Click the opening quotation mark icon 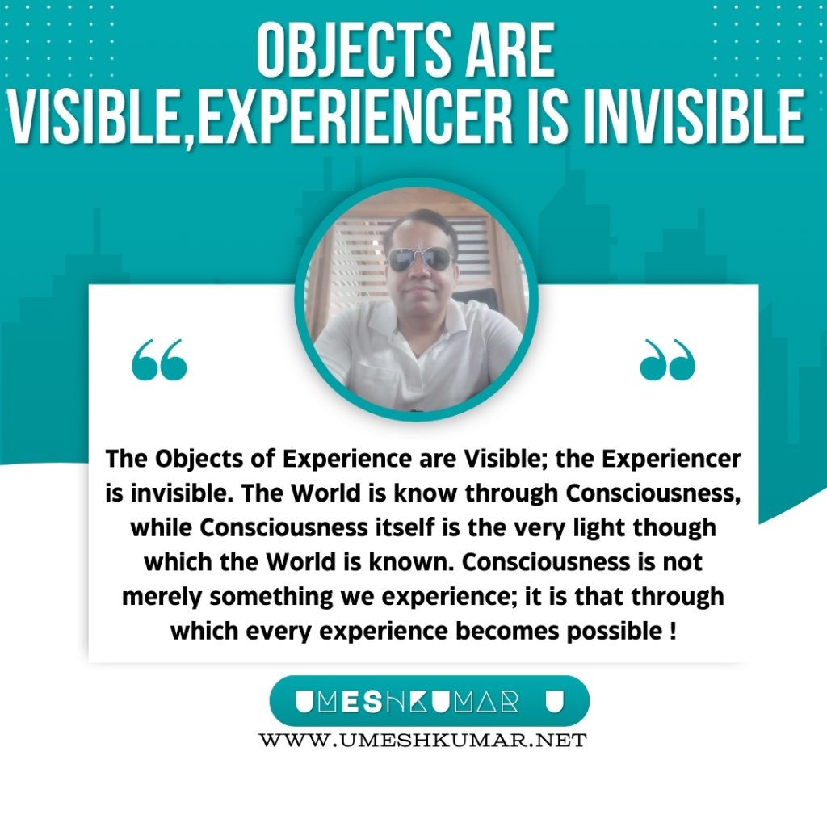coord(159,359)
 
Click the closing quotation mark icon coord(667,359)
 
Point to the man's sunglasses coord(420,258)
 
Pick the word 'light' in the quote coord(595,528)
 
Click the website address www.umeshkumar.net coord(422,740)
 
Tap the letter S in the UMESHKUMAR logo coord(373,702)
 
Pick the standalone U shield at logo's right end coord(554,702)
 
